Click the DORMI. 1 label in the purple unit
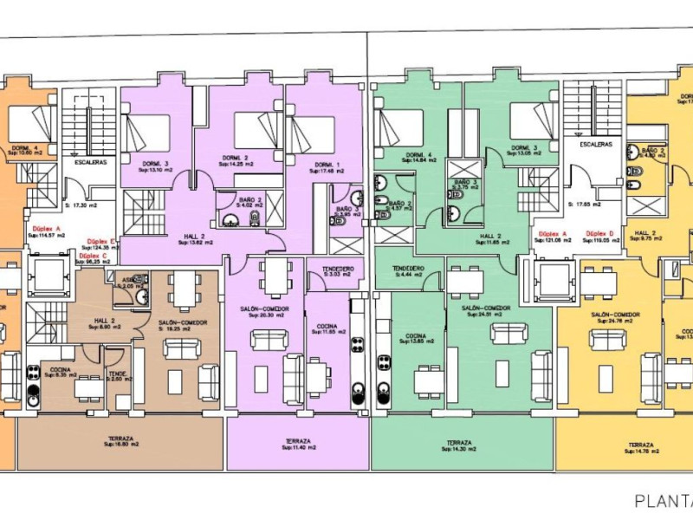pyautogui.click(x=326, y=165)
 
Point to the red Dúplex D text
pyautogui.click(x=599, y=234)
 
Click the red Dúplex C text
pyautogui.click(x=93, y=257)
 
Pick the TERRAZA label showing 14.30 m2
pyautogui.click(x=459, y=443)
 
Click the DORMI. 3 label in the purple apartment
pyautogui.click(x=154, y=164)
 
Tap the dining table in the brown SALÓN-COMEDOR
pyautogui.click(x=183, y=289)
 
